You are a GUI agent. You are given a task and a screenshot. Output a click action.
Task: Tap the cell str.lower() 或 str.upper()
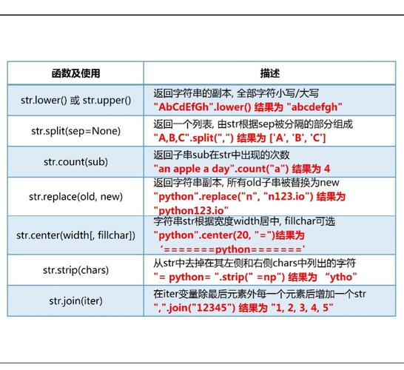75,100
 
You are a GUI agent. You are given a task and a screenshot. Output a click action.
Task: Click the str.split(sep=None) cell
75,131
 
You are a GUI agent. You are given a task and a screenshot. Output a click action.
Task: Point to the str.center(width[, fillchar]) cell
75,235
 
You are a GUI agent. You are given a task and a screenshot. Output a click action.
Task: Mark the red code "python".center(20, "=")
215,235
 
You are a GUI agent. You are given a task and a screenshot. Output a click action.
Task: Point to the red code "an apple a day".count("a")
223,169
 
